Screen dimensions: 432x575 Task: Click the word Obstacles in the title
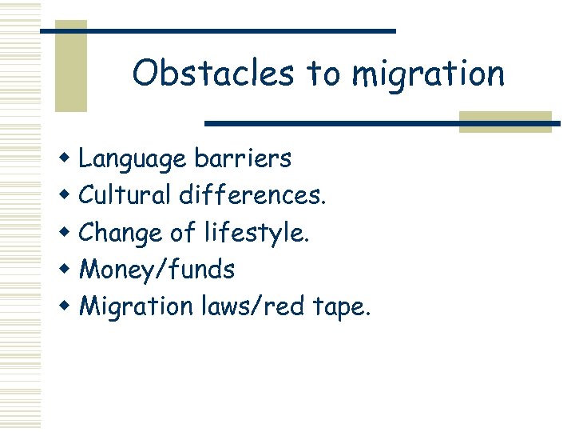click(214, 73)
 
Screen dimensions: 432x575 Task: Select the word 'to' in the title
click(323, 74)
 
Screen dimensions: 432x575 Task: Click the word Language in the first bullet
click(133, 159)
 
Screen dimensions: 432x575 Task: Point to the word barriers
click(243, 158)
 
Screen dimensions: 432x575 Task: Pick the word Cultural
click(126, 195)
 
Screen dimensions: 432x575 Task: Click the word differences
click(253, 195)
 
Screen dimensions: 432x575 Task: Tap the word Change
click(121, 233)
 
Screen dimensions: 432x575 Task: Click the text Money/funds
click(157, 270)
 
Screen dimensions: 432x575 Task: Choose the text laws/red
click(251, 306)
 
